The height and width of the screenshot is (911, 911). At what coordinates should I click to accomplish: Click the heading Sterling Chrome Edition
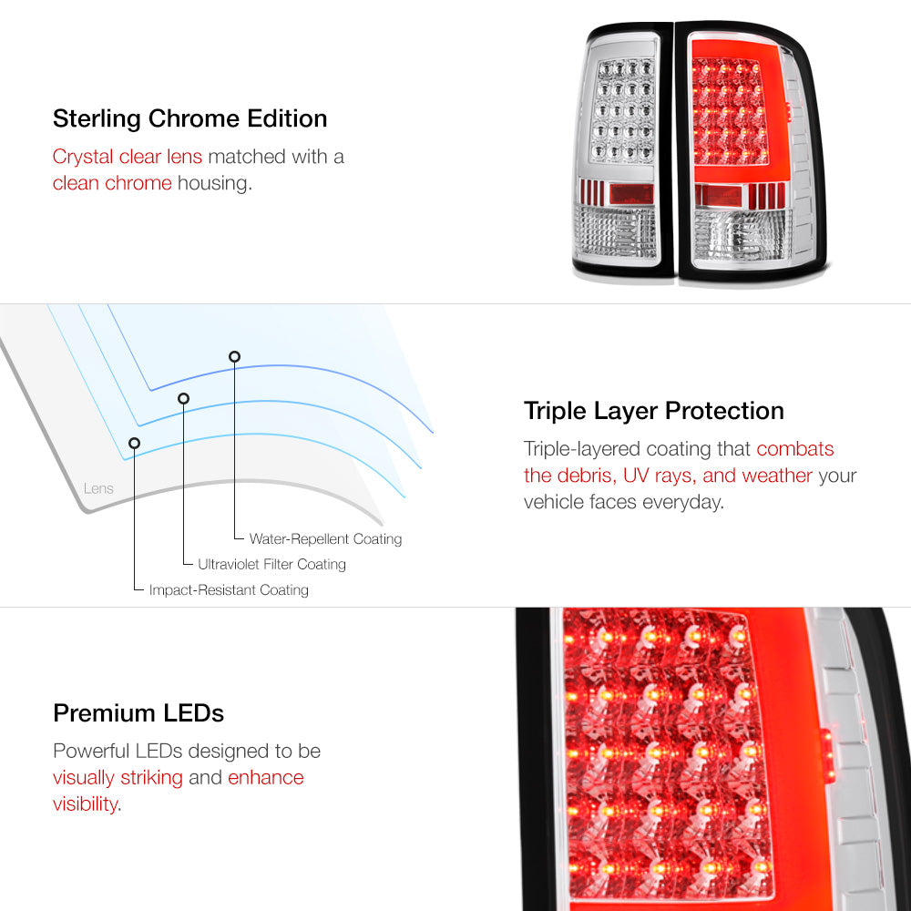tap(190, 118)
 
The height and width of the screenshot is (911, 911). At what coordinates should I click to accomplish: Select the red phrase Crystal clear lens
tap(128, 157)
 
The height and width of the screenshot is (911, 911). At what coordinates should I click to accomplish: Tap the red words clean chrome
tap(112, 183)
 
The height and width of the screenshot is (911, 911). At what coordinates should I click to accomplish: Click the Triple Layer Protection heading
tap(653, 412)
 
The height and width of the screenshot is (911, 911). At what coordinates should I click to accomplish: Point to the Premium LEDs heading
tap(138, 713)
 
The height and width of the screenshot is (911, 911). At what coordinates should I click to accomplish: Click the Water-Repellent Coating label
tap(325, 539)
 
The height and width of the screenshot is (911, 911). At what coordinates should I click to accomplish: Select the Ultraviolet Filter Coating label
tap(271, 564)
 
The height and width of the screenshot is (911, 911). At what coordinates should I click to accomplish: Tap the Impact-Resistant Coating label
tap(229, 589)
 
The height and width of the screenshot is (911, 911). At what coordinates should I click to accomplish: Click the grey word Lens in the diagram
tap(98, 488)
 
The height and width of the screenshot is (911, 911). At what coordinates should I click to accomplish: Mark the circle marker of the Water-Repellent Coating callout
tap(234, 357)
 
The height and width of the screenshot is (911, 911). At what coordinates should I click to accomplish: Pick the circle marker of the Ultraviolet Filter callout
tap(184, 399)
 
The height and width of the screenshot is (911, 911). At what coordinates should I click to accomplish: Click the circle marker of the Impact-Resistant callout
tap(134, 444)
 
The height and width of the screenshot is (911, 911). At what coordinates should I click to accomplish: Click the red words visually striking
tap(118, 777)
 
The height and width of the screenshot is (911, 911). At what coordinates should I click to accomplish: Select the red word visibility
tap(86, 804)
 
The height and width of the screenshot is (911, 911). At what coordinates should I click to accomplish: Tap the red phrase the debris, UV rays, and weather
tap(668, 476)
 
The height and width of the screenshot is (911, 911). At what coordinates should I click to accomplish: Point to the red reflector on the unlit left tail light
tap(631, 193)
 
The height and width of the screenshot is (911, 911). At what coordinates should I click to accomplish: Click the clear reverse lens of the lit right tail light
tap(742, 235)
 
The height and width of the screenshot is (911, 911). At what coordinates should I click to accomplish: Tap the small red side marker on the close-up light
tap(827, 755)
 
